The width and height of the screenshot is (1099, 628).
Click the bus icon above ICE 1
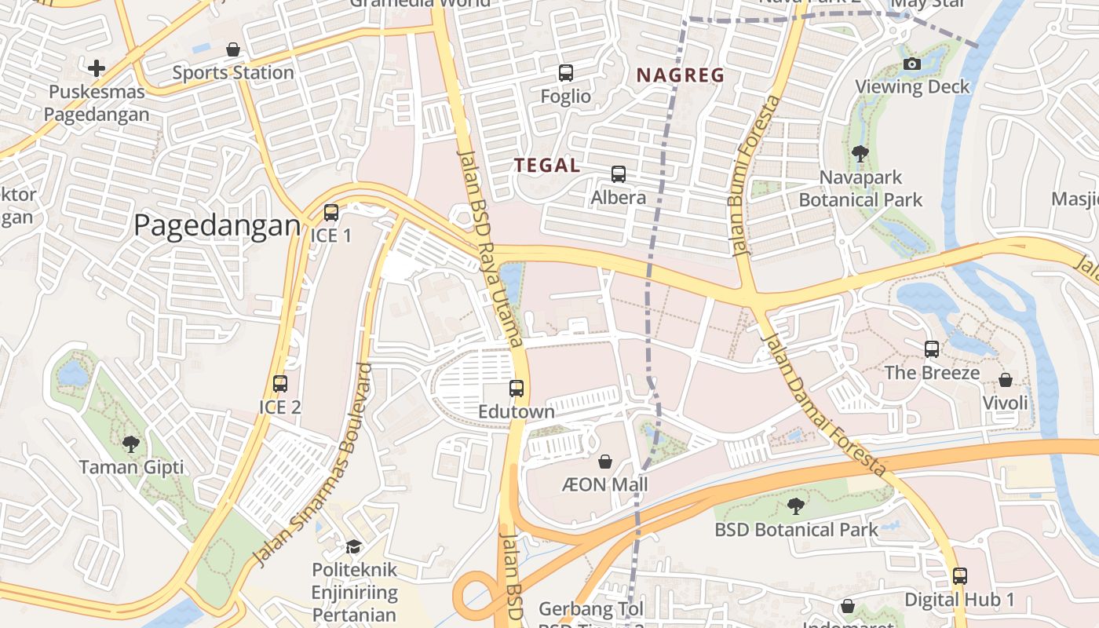331,213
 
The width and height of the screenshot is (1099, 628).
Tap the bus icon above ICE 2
280,384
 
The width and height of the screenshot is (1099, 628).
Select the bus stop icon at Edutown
517,388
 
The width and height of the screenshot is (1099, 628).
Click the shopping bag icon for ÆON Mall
605,461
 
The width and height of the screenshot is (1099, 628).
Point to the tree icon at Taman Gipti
131,444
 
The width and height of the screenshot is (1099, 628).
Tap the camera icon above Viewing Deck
912,64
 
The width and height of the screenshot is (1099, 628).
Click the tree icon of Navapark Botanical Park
860,154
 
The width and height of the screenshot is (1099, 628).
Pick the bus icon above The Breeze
932,349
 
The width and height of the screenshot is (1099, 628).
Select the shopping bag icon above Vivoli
1006,380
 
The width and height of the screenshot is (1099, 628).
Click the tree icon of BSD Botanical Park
796,506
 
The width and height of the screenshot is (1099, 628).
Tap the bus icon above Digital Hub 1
959,576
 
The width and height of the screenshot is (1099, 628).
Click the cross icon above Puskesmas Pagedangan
97,68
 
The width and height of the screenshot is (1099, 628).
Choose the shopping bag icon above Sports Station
233,49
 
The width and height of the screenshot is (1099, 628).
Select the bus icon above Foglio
566,73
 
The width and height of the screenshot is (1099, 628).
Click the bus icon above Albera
619,174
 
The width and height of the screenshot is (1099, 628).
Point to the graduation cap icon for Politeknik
354,546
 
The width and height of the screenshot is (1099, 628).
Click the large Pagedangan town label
217,225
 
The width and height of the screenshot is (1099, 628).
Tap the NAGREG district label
680,75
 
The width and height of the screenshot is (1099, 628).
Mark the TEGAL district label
547,166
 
